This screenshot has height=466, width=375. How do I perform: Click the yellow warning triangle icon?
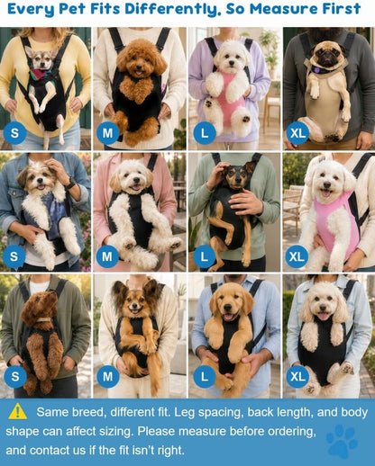pyautogui.click(x=18, y=411)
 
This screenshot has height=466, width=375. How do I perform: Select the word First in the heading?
pyautogui.click(x=342, y=9)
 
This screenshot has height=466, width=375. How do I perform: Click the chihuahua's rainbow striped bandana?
pyautogui.click(x=41, y=75)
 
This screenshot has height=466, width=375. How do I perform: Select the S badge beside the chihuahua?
pyautogui.click(x=14, y=133)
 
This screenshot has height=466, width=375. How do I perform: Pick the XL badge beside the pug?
pyautogui.click(x=297, y=133)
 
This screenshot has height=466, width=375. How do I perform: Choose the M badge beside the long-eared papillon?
pyautogui.click(x=107, y=376)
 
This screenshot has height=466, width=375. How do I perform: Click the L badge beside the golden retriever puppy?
pyautogui.click(x=205, y=376)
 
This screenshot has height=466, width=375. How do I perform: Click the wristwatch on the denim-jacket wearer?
pyautogui.click(x=71, y=184)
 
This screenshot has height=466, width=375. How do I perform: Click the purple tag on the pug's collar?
pyautogui.click(x=316, y=70)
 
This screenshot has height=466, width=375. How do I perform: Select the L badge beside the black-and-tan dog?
pyautogui.click(x=204, y=256)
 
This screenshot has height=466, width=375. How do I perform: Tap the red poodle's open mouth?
pyautogui.click(x=138, y=73)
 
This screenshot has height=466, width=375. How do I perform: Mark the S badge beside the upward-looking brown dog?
pyautogui.click(x=14, y=376)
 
